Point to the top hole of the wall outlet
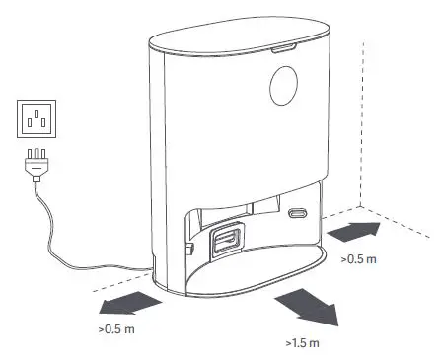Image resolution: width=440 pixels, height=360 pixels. pyautogui.click(x=37, y=112)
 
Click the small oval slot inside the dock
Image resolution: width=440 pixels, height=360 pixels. pyautogui.click(x=299, y=213)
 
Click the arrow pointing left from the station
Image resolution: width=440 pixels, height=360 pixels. pyautogui.click(x=129, y=301)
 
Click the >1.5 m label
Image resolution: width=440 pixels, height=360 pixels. pyautogui.click(x=302, y=343)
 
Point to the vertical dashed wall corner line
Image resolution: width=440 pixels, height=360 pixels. pyautogui.click(x=366, y=128)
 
